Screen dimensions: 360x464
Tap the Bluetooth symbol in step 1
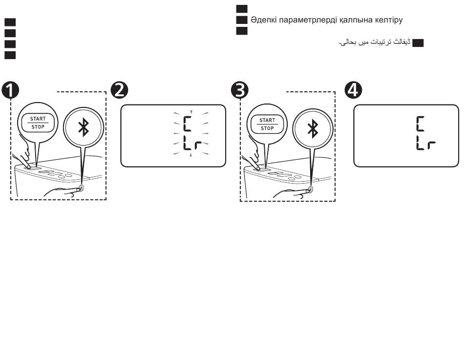tap(84, 126)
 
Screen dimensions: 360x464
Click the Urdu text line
tap(373, 43)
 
